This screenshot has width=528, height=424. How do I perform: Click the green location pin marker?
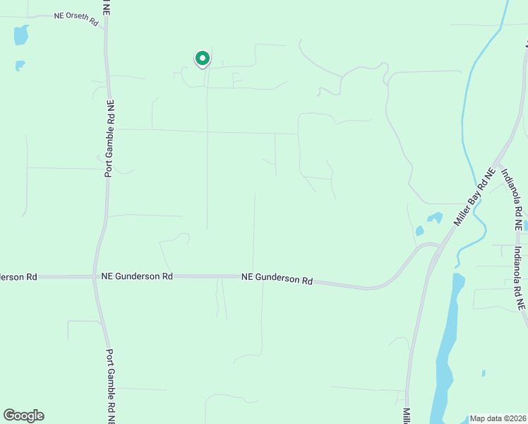202,59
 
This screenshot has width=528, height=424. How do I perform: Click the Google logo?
23,416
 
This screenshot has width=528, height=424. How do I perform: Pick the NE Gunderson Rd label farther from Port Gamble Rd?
277,279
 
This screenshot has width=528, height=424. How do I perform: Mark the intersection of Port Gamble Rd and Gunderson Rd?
95,277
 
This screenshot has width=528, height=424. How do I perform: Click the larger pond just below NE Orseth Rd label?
21,35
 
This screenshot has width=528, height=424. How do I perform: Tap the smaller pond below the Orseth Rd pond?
20,66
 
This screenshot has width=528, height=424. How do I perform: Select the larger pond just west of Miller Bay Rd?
434,218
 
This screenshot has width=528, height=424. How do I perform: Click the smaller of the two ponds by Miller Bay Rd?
420,230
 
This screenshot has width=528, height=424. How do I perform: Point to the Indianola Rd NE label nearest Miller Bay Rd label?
511,199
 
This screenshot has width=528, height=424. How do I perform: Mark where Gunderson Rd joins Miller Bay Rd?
438,246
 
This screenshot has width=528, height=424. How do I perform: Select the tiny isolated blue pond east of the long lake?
484,372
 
